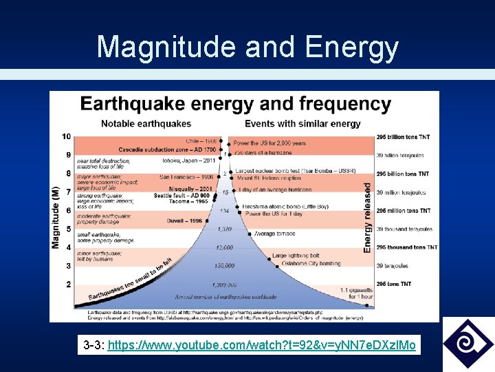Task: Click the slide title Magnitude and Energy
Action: (247, 47)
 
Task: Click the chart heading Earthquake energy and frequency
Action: (236, 105)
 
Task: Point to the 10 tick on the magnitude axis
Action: (66, 136)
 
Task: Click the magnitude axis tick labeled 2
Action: (68, 284)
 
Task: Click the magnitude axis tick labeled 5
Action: (68, 229)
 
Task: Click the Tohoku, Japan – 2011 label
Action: (189, 161)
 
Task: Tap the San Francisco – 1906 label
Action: (188, 177)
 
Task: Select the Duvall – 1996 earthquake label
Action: (184, 221)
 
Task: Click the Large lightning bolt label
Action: (298, 256)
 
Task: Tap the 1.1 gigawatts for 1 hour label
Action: (357, 293)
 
